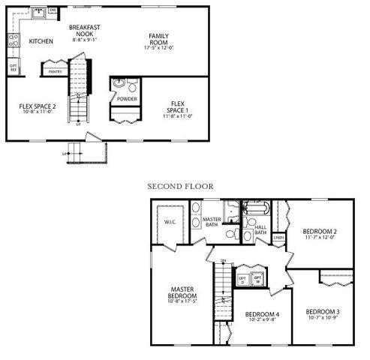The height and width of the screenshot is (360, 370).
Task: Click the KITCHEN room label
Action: point(41,41)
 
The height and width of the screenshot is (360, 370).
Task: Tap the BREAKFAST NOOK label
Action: point(84,31)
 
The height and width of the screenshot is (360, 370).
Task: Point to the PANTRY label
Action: point(55,72)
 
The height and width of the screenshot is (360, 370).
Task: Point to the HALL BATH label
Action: point(260,229)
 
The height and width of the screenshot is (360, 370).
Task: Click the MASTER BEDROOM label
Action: point(183,295)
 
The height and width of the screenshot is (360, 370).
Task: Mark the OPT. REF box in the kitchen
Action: point(14,67)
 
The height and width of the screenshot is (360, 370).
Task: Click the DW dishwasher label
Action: point(53,10)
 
